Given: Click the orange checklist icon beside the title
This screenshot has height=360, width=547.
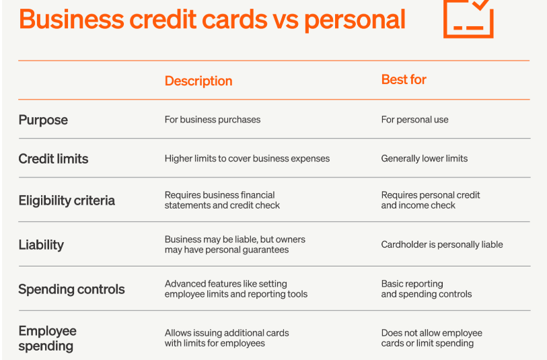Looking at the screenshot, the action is click(445, 21).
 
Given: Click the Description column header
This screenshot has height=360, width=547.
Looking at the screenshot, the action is click(198, 81).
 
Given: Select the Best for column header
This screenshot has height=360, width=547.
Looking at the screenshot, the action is click(404, 79).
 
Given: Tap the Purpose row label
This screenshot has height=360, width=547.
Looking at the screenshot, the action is click(43, 120).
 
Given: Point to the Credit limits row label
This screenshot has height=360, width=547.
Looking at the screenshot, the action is click(53, 159).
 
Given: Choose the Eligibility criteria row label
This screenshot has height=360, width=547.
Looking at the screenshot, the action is click(67, 201).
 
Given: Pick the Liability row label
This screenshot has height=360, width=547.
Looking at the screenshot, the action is click(41, 245).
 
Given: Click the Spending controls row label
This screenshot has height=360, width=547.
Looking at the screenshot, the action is click(71, 289).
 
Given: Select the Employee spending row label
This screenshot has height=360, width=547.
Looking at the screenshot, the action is click(48, 338).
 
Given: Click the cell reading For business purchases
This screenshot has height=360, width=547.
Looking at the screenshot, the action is click(213, 120).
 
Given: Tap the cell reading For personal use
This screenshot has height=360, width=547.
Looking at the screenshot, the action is click(414, 120).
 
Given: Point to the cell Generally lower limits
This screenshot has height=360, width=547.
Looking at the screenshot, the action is click(424, 159).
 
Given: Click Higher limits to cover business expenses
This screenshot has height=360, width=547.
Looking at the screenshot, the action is click(247, 159).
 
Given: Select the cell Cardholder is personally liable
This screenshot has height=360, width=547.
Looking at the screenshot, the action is click(442, 244).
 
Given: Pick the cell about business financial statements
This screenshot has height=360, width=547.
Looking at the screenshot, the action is click(222, 200).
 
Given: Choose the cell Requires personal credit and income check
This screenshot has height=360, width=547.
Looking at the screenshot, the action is click(431, 200).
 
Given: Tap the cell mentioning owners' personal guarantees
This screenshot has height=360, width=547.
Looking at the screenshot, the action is click(235, 244).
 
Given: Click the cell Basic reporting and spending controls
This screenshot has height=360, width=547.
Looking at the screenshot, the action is click(427, 289).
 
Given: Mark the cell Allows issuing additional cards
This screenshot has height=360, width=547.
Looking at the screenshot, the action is click(227, 338).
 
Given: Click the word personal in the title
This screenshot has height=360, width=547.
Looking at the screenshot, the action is click(355, 20).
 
